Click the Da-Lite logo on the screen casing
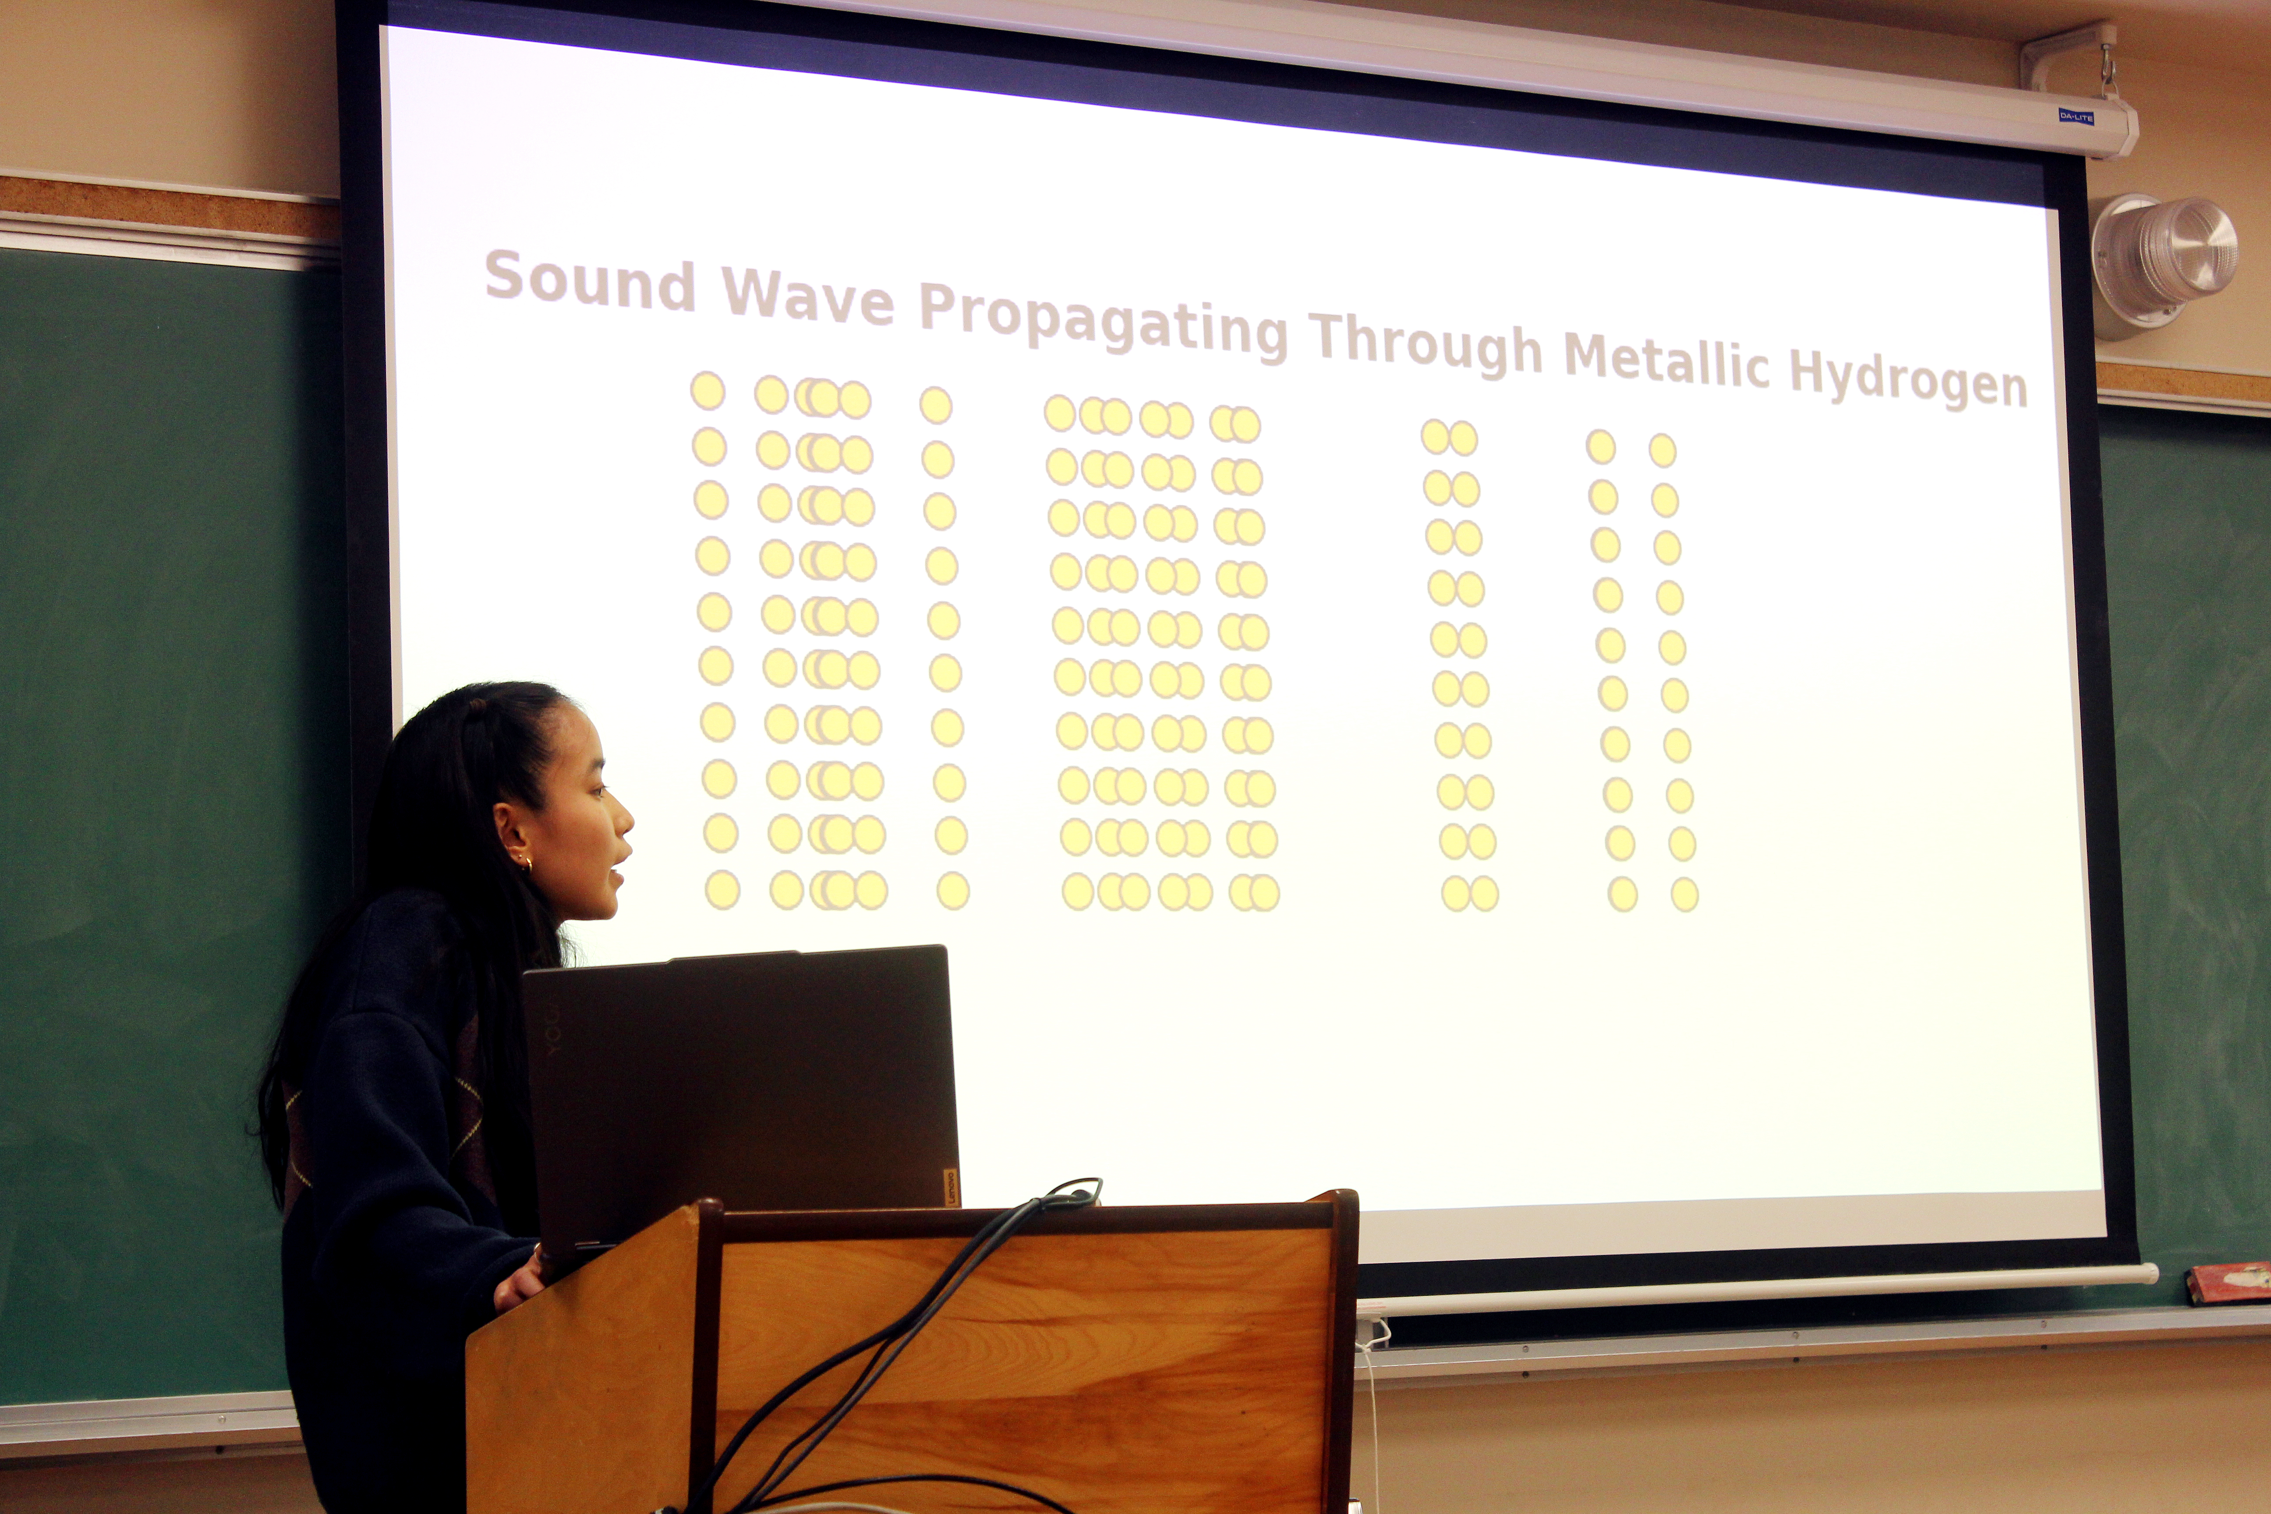(2076, 117)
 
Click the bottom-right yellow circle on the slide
(1684, 894)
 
